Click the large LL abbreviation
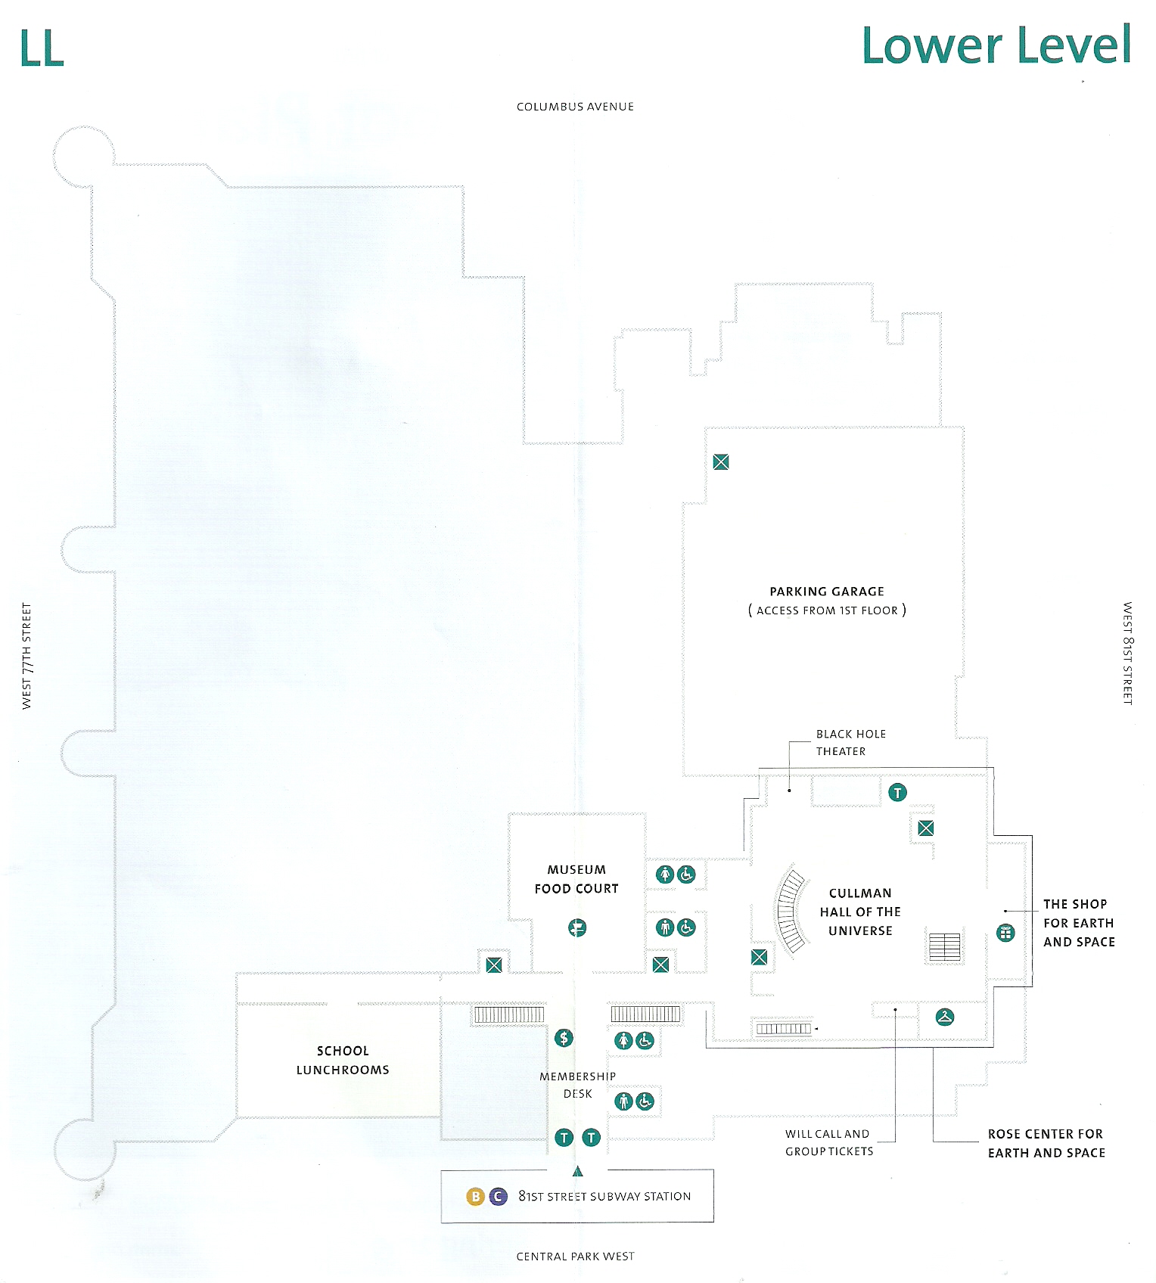click(42, 49)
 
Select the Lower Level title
click(996, 45)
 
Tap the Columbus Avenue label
click(575, 107)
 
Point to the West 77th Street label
click(27, 656)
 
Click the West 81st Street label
click(1127, 654)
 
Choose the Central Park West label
click(575, 1257)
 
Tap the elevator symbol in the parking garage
click(721, 461)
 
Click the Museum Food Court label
click(576, 879)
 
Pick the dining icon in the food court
click(577, 927)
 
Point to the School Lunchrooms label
click(343, 1060)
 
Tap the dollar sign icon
click(564, 1038)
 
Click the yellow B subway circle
click(475, 1196)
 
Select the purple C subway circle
click(498, 1196)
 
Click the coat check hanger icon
click(945, 1017)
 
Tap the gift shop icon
click(1005, 933)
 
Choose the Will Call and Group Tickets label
click(829, 1142)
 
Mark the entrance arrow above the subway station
click(578, 1172)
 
